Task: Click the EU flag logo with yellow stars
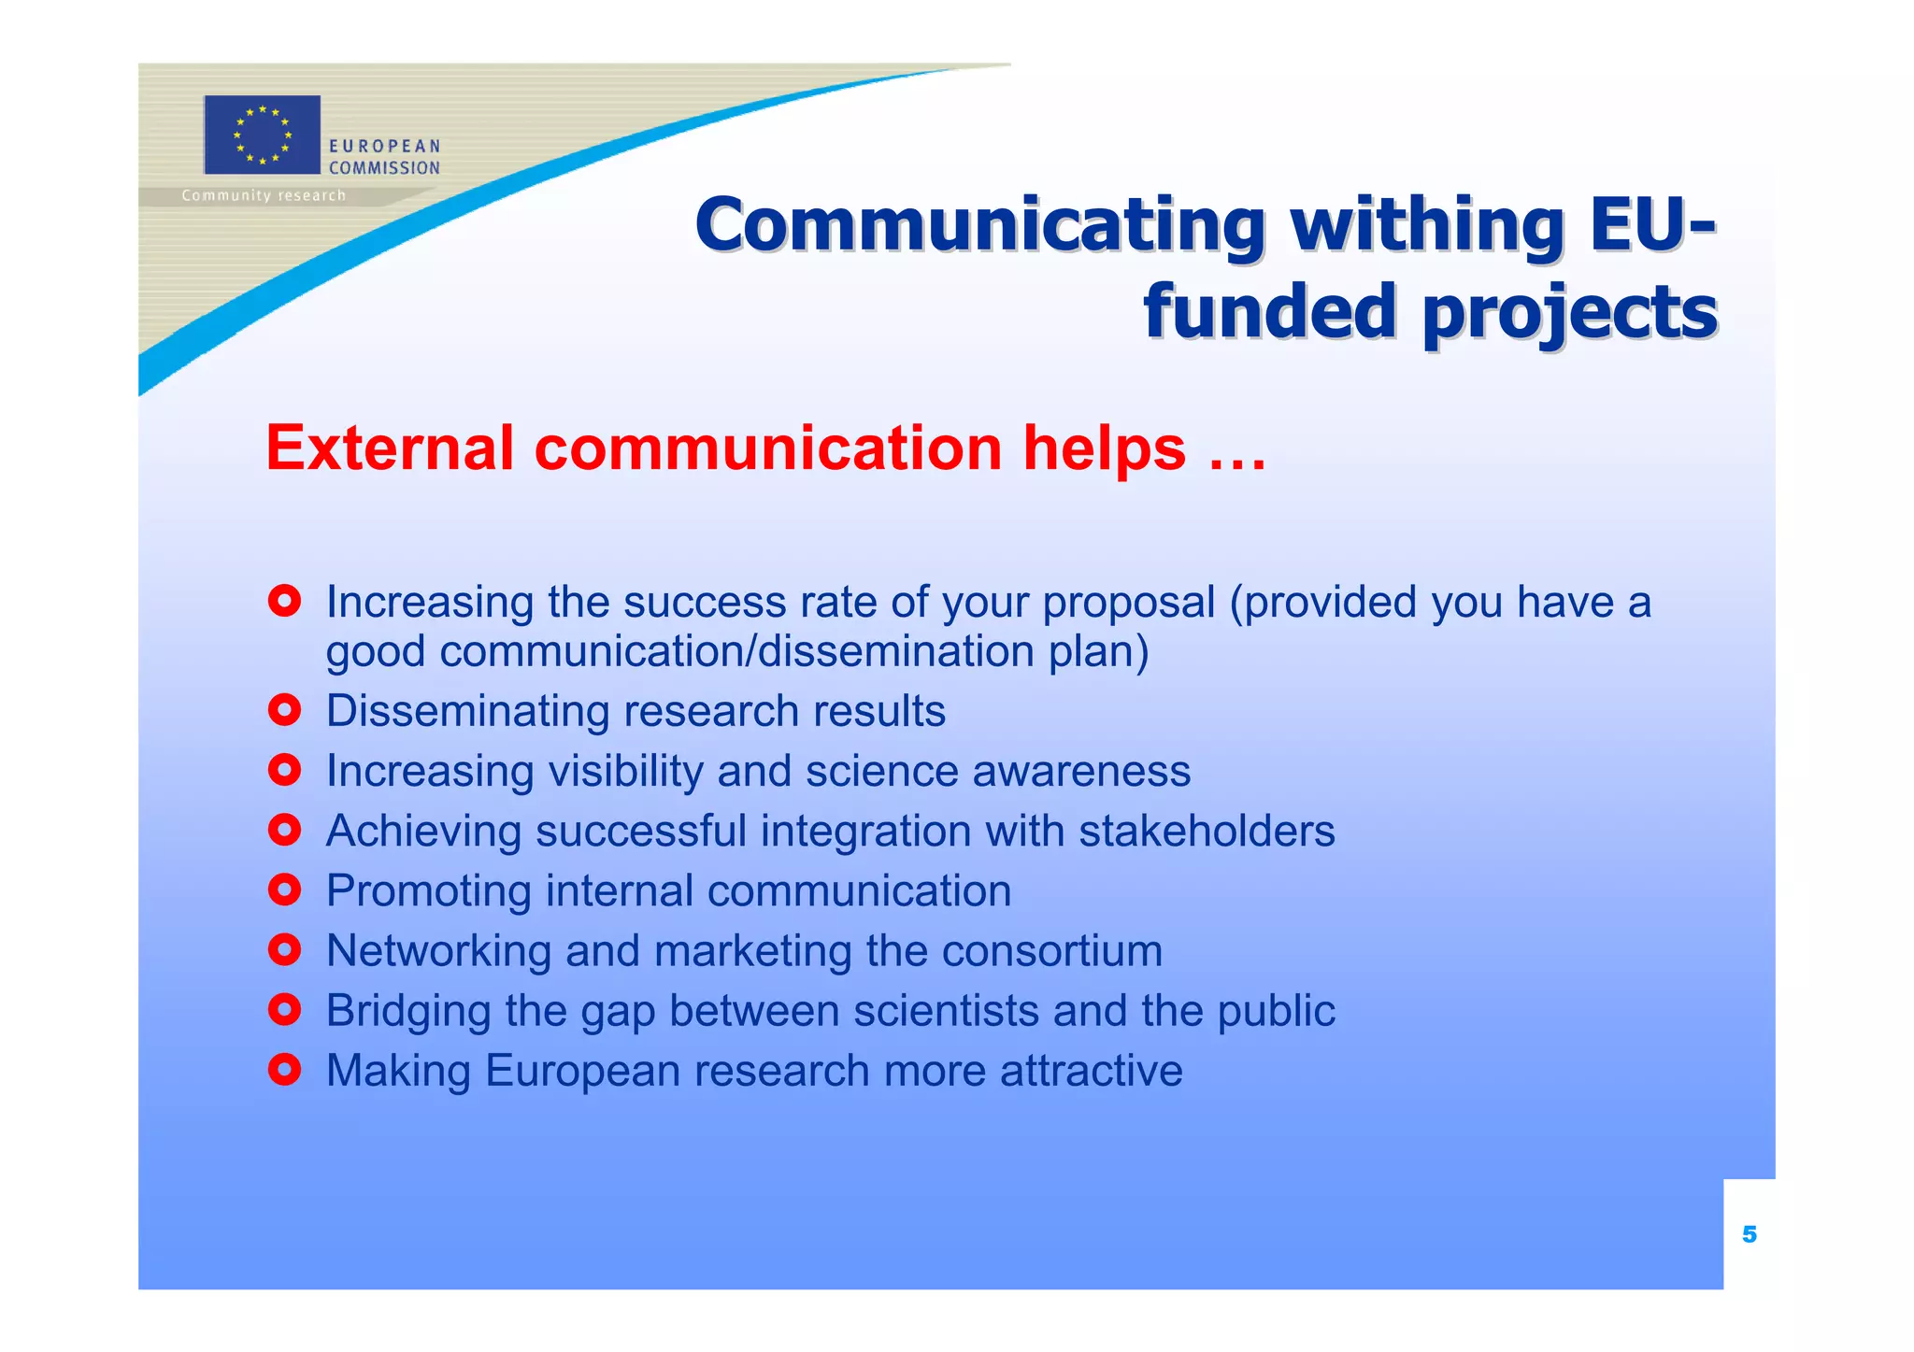[262, 135]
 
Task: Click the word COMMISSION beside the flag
[384, 168]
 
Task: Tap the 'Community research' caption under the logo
[264, 196]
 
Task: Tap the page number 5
[1749, 1235]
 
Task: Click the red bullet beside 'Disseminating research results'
[284, 711]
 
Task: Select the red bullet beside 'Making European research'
[284, 1070]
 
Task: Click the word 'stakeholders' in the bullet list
[1207, 831]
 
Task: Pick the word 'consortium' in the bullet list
[1051, 951]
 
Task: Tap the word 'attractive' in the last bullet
[1091, 1071]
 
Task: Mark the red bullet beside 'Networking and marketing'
[284, 950]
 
